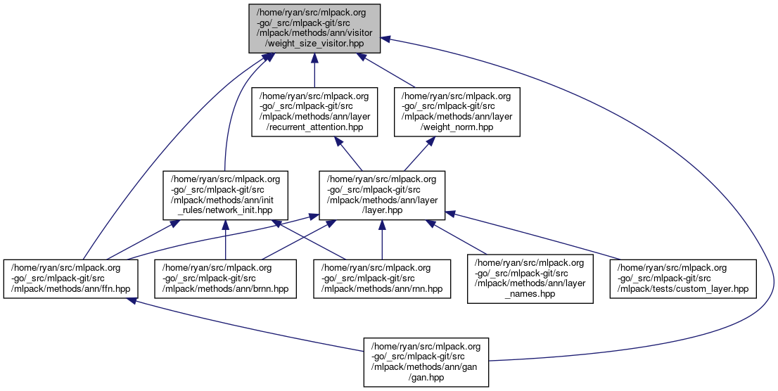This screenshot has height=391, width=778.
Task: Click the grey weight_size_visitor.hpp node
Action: [x=314, y=28]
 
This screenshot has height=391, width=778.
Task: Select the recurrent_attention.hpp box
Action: [x=314, y=111]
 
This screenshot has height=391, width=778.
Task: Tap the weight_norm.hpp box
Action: [x=457, y=111]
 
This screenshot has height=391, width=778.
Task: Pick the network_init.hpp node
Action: [x=224, y=194]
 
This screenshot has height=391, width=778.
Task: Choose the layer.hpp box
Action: [x=382, y=194]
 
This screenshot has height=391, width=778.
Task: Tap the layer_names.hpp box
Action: [x=530, y=278]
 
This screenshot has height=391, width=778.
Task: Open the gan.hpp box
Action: [x=426, y=361]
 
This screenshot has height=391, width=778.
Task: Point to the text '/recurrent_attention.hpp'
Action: [x=314, y=127]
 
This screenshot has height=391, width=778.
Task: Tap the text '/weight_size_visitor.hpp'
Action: [x=314, y=44]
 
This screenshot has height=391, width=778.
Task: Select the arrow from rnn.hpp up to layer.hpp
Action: [x=382, y=239]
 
